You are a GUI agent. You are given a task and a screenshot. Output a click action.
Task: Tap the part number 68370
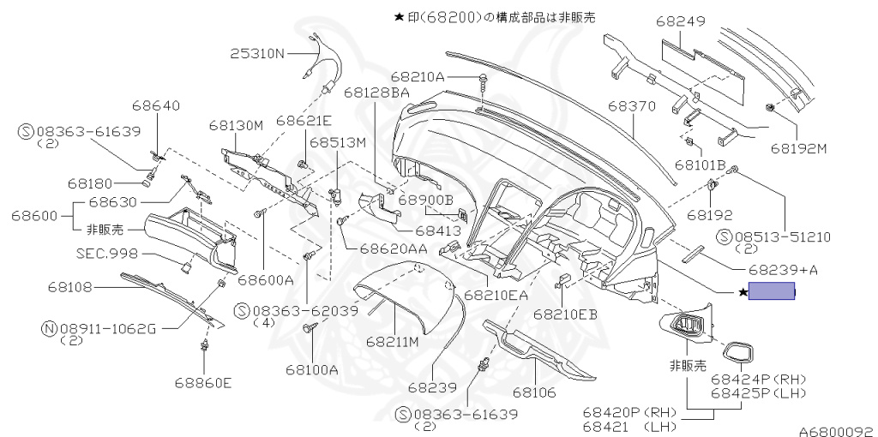[x=632, y=106]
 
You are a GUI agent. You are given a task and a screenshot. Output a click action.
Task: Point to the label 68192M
[x=797, y=147]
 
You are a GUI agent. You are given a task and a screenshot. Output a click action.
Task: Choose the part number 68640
[x=156, y=106]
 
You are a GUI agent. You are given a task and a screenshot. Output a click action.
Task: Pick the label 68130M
[x=236, y=126]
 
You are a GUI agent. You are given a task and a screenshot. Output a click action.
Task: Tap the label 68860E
[x=202, y=382]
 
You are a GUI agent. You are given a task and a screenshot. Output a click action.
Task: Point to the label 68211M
[x=392, y=341]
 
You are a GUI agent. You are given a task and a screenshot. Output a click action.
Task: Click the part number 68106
[x=535, y=392]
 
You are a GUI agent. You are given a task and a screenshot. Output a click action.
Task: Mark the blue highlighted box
[x=772, y=292]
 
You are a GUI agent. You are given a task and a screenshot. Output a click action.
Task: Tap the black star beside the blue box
[x=743, y=293]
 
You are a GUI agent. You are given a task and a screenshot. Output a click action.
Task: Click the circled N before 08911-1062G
[x=50, y=326]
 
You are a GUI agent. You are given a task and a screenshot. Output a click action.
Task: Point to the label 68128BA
[x=376, y=92]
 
